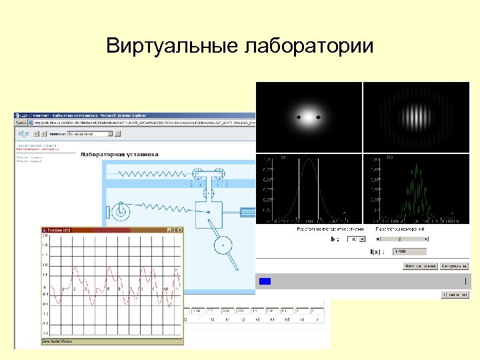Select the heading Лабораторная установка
[119, 154]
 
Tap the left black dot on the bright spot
[299, 117]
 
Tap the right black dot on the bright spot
[318, 117]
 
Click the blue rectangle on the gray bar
[265, 281]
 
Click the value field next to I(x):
[409, 251]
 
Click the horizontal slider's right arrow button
[425, 239]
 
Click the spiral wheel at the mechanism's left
[120, 212]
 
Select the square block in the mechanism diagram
[209, 214]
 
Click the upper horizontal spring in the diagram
[153, 173]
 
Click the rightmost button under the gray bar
[455, 294]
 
